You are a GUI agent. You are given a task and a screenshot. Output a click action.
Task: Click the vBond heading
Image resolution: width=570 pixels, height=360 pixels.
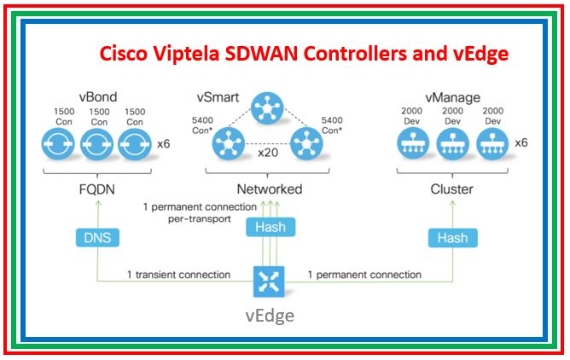pos(99,98)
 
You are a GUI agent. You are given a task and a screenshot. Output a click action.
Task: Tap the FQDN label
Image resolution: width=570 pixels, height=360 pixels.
pos(99,189)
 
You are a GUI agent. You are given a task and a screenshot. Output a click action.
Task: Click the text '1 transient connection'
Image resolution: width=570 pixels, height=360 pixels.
pos(178,275)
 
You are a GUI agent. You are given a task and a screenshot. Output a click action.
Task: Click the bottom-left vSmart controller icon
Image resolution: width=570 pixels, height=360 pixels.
pos(226,143)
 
